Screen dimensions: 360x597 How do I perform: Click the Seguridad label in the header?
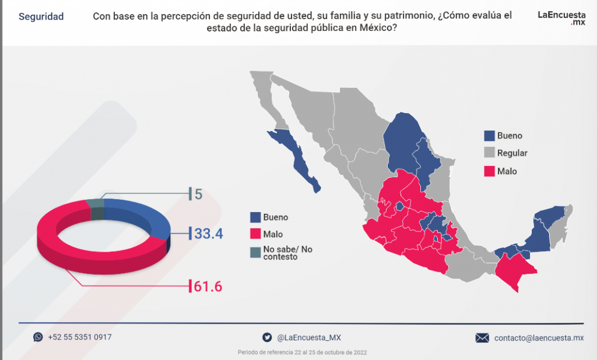click(x=41, y=17)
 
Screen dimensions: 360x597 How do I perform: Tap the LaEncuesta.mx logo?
click(x=561, y=17)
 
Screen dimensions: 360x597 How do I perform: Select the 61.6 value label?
click(x=208, y=286)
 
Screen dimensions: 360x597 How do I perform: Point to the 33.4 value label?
click(x=209, y=234)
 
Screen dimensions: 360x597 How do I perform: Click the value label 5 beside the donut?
click(x=198, y=194)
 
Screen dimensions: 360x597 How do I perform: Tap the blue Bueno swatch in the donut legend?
click(x=255, y=217)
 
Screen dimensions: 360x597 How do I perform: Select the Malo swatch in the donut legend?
click(x=255, y=234)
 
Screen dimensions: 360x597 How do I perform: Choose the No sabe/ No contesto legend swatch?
click(x=255, y=252)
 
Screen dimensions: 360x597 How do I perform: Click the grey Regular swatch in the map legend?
click(x=490, y=153)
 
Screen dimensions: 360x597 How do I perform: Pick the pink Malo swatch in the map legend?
click(x=490, y=171)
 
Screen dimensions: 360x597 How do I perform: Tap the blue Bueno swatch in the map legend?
click(x=490, y=136)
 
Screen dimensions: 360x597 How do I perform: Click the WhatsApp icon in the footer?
click(x=38, y=337)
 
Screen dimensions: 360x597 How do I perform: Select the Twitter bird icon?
click(x=267, y=337)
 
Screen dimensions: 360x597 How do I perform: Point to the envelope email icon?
click(x=482, y=338)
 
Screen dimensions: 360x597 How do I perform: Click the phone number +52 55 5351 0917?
click(x=80, y=337)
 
